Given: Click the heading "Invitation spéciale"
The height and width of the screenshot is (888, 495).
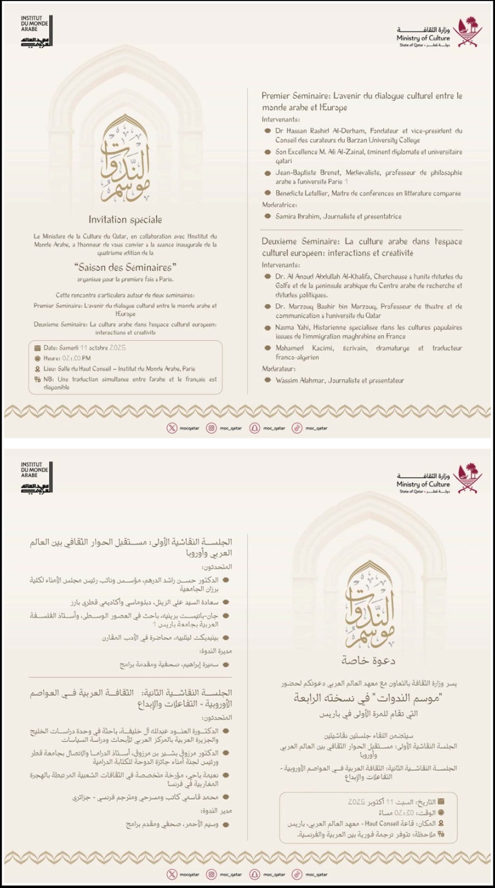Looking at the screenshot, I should tap(125, 220).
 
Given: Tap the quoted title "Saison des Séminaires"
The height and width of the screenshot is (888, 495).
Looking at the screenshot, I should tap(125, 267).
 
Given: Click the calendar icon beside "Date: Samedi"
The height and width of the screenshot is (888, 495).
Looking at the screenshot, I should tap(37, 348).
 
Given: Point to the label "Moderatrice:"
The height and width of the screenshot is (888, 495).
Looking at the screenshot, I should tap(279, 205).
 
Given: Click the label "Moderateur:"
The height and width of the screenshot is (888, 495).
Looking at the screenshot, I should tap(279, 369).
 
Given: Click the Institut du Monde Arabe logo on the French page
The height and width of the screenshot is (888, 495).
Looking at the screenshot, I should tap(36, 31).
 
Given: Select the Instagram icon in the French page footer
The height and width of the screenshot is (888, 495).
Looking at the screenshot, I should tap(211, 428).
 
